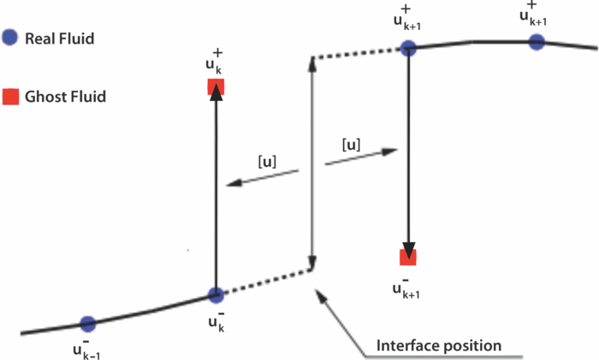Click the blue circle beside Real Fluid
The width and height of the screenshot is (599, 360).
pos(9,38)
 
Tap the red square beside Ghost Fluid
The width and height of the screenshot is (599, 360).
pos(9,97)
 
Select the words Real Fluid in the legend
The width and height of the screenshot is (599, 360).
pos(58,38)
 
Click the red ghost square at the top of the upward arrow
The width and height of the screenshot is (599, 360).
pos(215,86)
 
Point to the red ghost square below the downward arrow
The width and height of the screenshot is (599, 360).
pos(409,257)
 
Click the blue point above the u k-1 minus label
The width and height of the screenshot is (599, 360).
pos(87,323)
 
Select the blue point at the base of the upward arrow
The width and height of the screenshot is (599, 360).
pos(216,295)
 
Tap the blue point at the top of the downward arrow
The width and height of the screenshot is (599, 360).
pos(408,49)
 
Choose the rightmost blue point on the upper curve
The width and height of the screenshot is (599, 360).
pos(537,41)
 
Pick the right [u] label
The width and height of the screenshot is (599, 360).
pos(349,145)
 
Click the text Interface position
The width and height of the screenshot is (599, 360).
pos(439,347)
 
